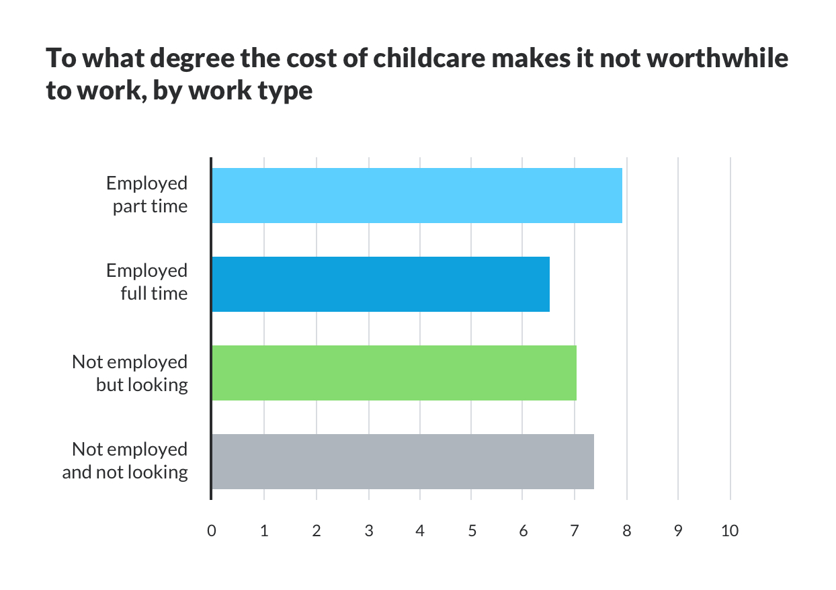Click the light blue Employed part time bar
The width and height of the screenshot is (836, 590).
click(x=417, y=196)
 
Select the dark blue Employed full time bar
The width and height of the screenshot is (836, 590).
click(x=380, y=284)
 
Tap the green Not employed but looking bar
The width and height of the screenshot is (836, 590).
click(x=394, y=373)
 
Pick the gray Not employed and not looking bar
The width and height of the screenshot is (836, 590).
click(x=403, y=462)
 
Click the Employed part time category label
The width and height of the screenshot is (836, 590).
click(x=147, y=195)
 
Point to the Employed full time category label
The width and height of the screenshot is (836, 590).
click(x=147, y=282)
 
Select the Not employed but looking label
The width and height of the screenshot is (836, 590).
click(x=130, y=373)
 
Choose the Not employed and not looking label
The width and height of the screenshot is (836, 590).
click(x=125, y=460)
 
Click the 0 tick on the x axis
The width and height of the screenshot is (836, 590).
click(x=212, y=531)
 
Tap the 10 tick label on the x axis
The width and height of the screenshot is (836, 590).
click(x=729, y=531)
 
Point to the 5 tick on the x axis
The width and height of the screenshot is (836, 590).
click(x=472, y=531)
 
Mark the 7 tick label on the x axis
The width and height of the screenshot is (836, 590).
click(x=575, y=531)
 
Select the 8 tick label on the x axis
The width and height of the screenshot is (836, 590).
click(x=626, y=531)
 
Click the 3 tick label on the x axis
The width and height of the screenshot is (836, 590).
click(x=368, y=531)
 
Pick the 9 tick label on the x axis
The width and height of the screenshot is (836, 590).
click(x=678, y=531)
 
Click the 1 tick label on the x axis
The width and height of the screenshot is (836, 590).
click(x=264, y=531)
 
